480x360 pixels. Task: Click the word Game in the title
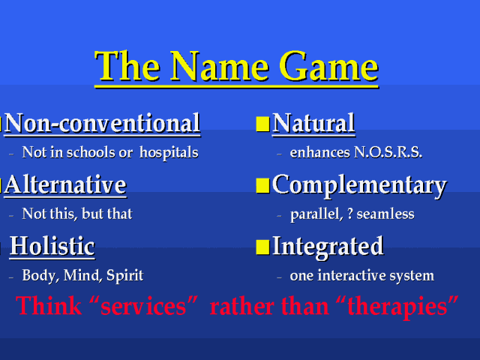(328, 66)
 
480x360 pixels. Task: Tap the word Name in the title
(220, 66)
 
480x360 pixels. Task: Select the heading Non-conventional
(103, 123)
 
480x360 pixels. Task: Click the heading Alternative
(65, 185)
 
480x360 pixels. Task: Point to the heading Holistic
(52, 246)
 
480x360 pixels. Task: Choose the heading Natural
(313, 123)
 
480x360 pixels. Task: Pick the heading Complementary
(359, 186)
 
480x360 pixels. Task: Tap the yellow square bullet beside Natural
(262, 124)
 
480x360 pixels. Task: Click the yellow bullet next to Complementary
(262, 186)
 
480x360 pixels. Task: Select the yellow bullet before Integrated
(262, 247)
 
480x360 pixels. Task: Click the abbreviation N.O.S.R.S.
(388, 152)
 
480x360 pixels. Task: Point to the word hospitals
(169, 153)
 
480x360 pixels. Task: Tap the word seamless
(385, 214)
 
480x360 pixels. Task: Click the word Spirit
(125, 275)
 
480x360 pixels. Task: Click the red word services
(143, 306)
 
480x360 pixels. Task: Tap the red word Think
(49, 305)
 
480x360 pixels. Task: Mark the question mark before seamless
(350, 214)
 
